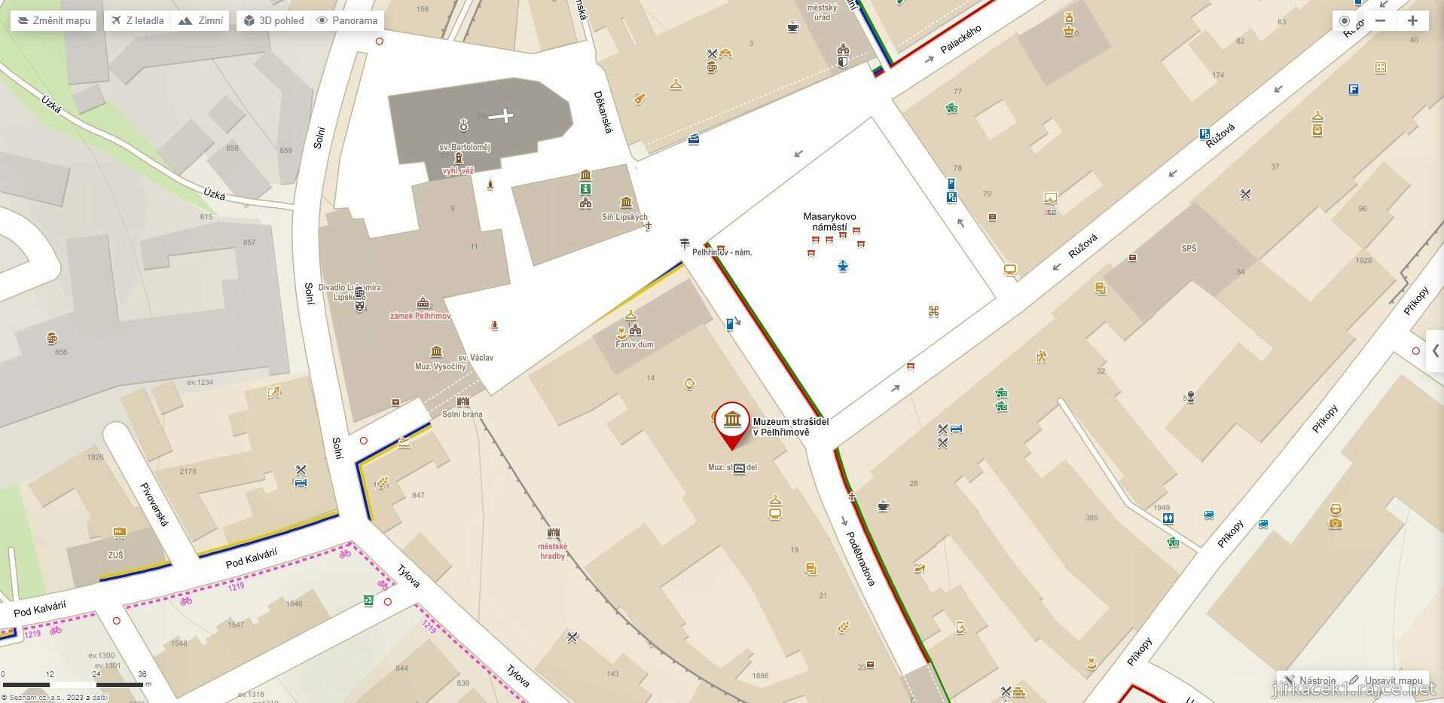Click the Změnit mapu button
[x=53, y=20]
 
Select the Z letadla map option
[x=137, y=20]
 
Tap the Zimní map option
[x=201, y=20]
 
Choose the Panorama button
[x=346, y=20]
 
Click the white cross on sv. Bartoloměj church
[x=503, y=115]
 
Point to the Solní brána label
[x=463, y=414]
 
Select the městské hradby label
[x=553, y=551]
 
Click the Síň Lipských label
[x=624, y=217]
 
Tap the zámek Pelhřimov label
[x=420, y=316]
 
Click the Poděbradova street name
[x=859, y=558]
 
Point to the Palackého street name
[x=961, y=40]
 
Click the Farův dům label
[x=634, y=344]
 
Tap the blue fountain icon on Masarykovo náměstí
[x=842, y=266]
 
